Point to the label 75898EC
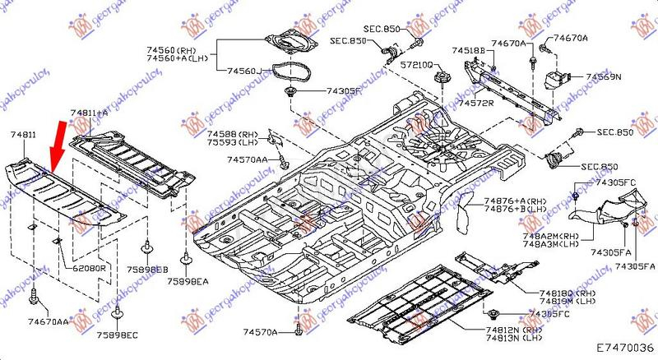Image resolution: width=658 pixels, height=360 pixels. [118, 336]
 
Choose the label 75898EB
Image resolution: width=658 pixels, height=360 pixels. [147, 268]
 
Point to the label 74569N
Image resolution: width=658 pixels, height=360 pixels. [603, 76]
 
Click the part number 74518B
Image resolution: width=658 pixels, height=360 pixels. [468, 50]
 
